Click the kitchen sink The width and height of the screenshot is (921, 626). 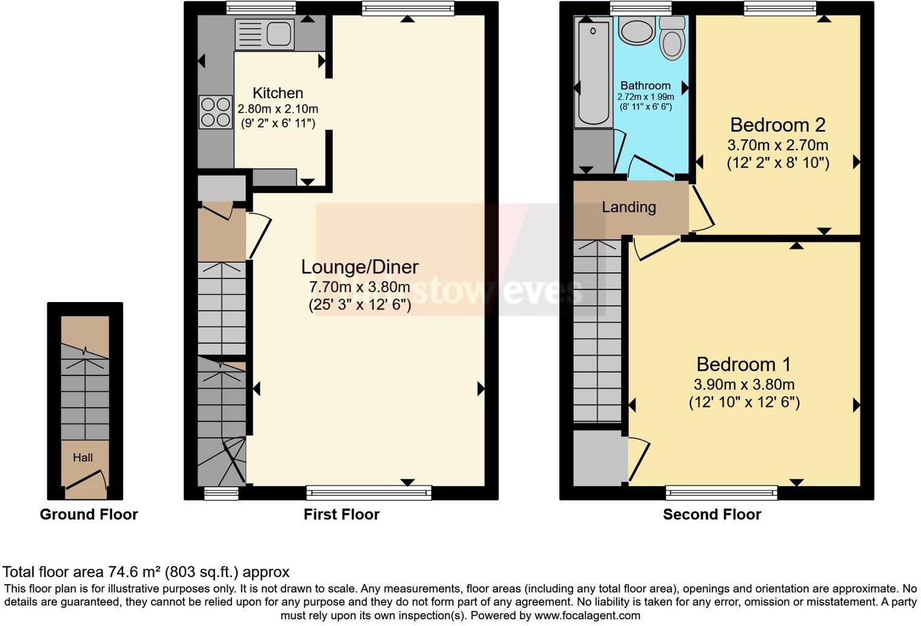coord(265,34)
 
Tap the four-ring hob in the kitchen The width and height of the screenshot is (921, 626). coord(216,112)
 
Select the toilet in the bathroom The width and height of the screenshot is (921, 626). coord(671,40)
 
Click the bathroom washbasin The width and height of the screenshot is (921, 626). coord(636,30)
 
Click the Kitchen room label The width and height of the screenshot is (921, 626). coord(278,93)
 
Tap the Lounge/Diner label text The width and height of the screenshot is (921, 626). coord(360,267)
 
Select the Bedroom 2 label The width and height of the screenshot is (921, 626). coord(777,125)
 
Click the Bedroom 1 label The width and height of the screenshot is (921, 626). coord(743,364)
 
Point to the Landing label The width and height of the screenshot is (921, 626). coord(628,207)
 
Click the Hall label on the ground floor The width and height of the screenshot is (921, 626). coord(83,457)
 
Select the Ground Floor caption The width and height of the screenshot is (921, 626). coord(89,514)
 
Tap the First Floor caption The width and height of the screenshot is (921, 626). coord(341,514)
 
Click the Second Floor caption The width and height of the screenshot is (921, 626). coord(711,514)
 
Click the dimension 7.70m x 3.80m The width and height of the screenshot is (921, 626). coord(359,287)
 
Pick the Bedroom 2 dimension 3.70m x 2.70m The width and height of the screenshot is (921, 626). coord(777,146)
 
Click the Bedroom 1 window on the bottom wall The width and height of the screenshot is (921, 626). coord(721,492)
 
